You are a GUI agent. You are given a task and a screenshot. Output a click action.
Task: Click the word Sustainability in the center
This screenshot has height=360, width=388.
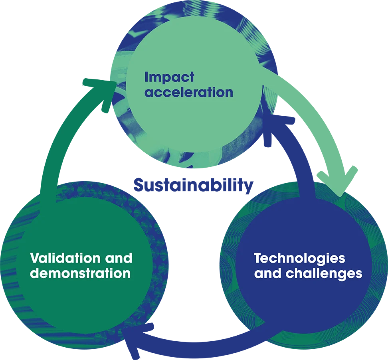(x=193, y=186)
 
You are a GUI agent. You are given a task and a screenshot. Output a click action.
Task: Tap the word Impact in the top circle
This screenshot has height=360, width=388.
(x=169, y=77)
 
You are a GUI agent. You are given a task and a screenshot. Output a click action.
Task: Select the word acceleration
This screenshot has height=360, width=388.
(x=189, y=92)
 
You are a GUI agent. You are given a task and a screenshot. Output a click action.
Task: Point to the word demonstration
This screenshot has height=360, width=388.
(x=80, y=273)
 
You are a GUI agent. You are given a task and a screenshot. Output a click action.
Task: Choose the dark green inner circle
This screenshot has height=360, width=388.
(x=84, y=265)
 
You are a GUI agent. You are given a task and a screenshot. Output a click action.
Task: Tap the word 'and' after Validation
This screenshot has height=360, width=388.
(x=119, y=258)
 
